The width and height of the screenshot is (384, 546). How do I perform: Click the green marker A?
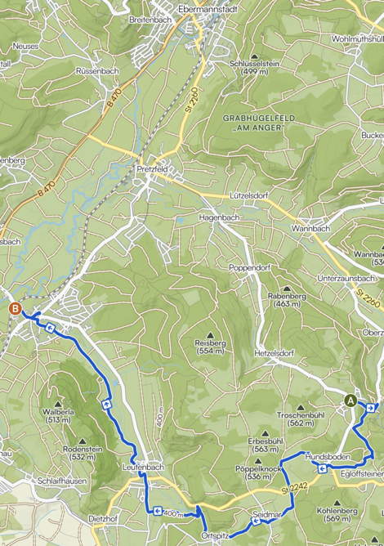[351, 401]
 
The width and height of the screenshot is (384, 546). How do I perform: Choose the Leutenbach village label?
[143, 467]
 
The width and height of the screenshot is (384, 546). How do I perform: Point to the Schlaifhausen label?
[60, 482]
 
